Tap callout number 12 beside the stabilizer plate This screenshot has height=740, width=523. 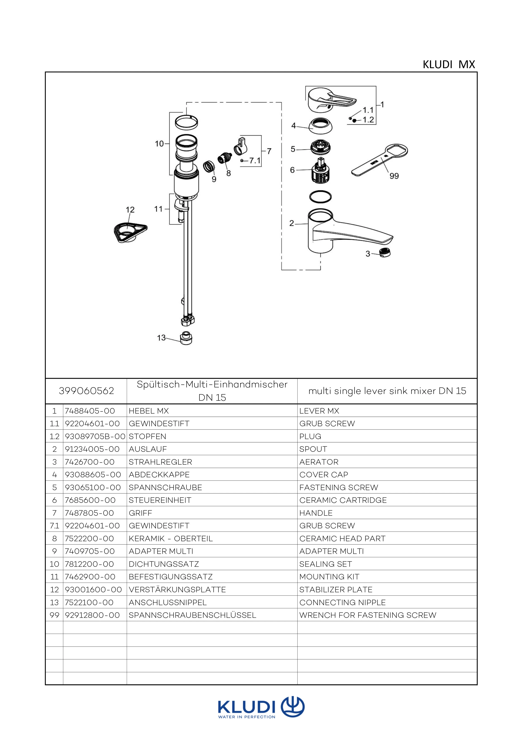[x=130, y=210]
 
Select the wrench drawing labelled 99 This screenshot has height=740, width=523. [x=380, y=160]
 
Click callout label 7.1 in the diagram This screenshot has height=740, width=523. [x=255, y=161]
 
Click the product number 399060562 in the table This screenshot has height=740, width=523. [x=86, y=391]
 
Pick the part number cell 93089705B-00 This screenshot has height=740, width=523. [x=95, y=436]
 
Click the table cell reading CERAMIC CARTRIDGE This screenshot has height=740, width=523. [x=343, y=500]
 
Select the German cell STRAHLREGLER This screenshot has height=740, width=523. [x=160, y=462]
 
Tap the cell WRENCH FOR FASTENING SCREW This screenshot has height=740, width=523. [x=368, y=615]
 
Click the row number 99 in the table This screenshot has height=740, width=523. [x=54, y=615]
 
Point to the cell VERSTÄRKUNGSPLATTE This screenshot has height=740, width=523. [x=177, y=590]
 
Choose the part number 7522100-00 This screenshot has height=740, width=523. [x=89, y=602]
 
